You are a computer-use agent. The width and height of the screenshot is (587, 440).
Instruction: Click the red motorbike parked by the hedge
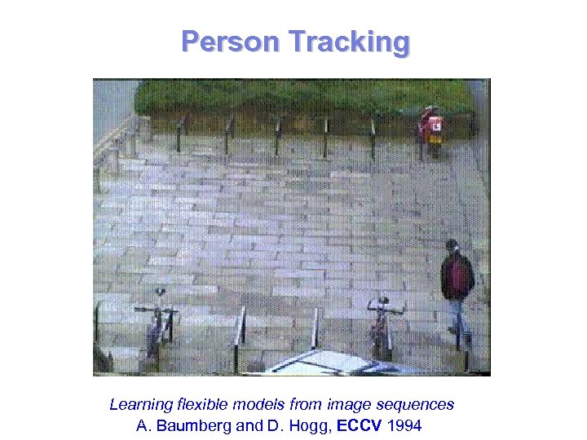[430, 129]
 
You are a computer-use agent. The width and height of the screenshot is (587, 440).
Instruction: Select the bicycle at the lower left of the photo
[158, 326]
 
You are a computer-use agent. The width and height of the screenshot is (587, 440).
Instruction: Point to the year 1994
[406, 425]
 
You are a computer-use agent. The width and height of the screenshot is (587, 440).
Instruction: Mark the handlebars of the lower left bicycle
[157, 310]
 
